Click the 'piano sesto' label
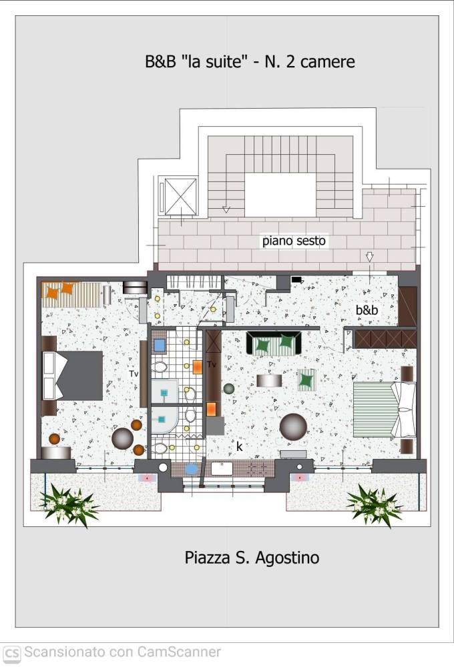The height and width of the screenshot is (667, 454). point(294,241)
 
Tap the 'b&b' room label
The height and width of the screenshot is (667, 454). point(367,310)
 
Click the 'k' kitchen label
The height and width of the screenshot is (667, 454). point(239,446)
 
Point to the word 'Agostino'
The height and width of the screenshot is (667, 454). point(288,558)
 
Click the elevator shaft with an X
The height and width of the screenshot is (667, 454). point(181,197)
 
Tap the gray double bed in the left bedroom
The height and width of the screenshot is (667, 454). point(73,376)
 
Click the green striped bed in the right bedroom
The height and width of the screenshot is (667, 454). point(384,410)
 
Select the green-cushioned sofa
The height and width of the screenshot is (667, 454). point(274,344)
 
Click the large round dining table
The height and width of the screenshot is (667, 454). point(294,427)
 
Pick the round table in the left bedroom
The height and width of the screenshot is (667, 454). point(123,439)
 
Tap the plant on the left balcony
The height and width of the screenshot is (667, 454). point(68,505)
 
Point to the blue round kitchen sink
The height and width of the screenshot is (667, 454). point(191,469)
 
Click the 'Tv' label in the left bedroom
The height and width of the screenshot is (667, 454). point(134,374)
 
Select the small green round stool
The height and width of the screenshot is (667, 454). point(229,388)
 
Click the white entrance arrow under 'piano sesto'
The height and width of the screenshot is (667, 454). point(369,257)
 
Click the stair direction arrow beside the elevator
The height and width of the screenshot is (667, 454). point(226,209)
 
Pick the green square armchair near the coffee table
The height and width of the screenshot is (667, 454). point(306,380)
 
